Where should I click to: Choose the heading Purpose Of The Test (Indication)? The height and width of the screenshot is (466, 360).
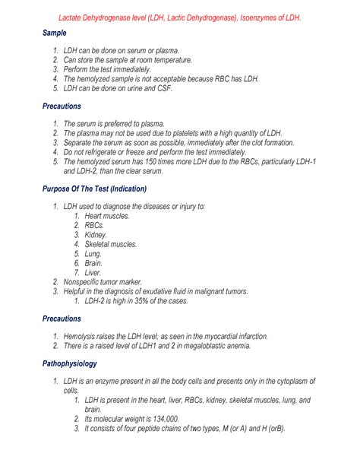click(x=94, y=189)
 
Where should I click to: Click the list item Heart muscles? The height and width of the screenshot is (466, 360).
click(x=107, y=216)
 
